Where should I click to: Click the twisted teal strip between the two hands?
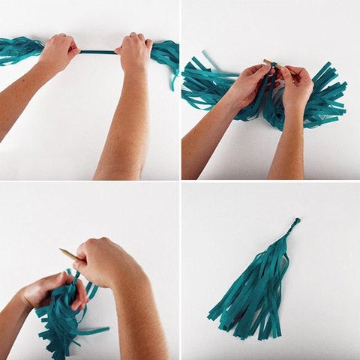[98, 52]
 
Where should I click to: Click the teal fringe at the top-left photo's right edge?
[166, 52]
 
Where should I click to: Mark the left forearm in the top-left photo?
[26, 97]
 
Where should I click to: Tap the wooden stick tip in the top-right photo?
[268, 62]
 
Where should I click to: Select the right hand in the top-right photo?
[295, 86]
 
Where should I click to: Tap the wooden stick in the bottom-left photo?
[70, 254]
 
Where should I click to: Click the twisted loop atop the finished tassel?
[296, 222]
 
